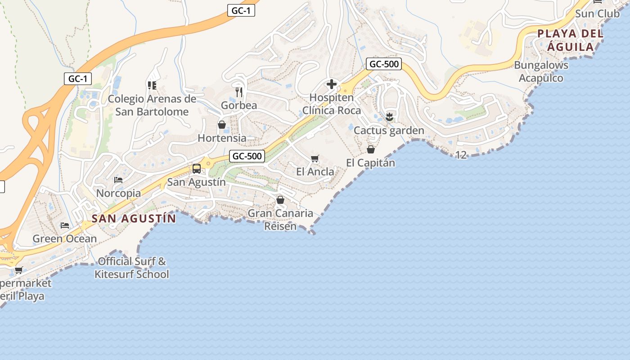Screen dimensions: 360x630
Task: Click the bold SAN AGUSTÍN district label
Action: coord(133,219)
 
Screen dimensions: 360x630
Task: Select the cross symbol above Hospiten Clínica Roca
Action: coord(332,84)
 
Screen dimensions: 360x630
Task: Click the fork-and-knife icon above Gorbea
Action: coord(239,92)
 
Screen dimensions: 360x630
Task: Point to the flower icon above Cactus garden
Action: coord(389,117)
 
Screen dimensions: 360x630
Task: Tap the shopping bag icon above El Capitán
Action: coord(371,149)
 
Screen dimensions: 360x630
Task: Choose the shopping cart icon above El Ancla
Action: coord(315,158)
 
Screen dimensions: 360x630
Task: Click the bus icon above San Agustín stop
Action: coord(197,169)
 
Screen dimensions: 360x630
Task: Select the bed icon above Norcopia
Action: coord(118,180)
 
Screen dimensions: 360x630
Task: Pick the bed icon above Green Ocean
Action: coord(65,225)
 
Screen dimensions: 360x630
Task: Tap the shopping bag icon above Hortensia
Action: coord(222,125)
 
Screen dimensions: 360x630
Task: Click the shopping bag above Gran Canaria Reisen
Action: coord(280,200)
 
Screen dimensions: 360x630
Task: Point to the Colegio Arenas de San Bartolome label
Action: coord(152,105)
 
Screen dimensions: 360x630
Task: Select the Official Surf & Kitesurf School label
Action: coord(131,268)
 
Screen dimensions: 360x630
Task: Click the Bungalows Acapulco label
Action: coord(541,72)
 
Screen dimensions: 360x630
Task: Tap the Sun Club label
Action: coord(597,14)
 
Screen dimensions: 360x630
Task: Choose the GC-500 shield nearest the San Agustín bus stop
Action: coord(247,156)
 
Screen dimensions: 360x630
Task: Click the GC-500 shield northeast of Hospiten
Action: coord(383,64)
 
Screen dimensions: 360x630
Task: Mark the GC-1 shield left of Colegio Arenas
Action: coord(77,79)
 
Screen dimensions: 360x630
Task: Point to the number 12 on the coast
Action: coord(461,155)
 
